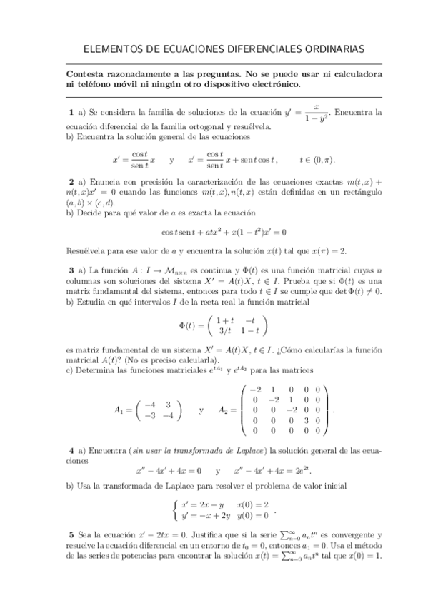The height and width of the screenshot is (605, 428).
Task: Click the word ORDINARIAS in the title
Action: [x=329, y=49]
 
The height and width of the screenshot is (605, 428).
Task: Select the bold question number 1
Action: [x=71, y=113]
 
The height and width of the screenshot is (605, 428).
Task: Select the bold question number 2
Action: [x=71, y=182]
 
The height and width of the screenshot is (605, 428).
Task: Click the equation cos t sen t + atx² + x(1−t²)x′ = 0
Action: [x=224, y=232]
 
